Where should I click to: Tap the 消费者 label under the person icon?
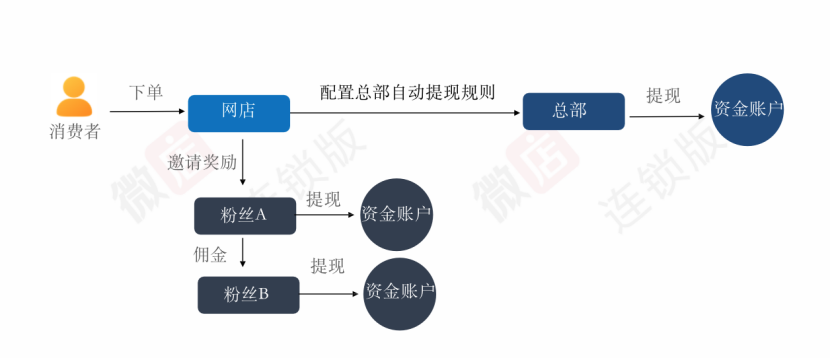click(75, 131)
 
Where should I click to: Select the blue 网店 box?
click(239, 112)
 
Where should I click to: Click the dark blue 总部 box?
click(573, 111)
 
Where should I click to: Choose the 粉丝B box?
click(248, 294)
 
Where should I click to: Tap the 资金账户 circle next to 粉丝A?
click(397, 215)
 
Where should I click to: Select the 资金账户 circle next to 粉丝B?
click(400, 293)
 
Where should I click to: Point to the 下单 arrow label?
click(145, 93)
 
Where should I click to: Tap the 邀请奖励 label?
click(203, 162)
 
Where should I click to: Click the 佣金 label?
click(210, 254)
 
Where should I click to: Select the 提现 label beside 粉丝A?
click(323, 199)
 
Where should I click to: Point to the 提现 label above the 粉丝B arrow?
click(327, 266)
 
